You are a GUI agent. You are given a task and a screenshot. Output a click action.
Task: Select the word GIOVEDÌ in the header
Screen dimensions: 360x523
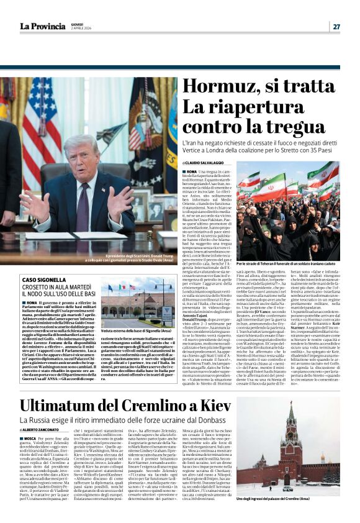click(x=78, y=24)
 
